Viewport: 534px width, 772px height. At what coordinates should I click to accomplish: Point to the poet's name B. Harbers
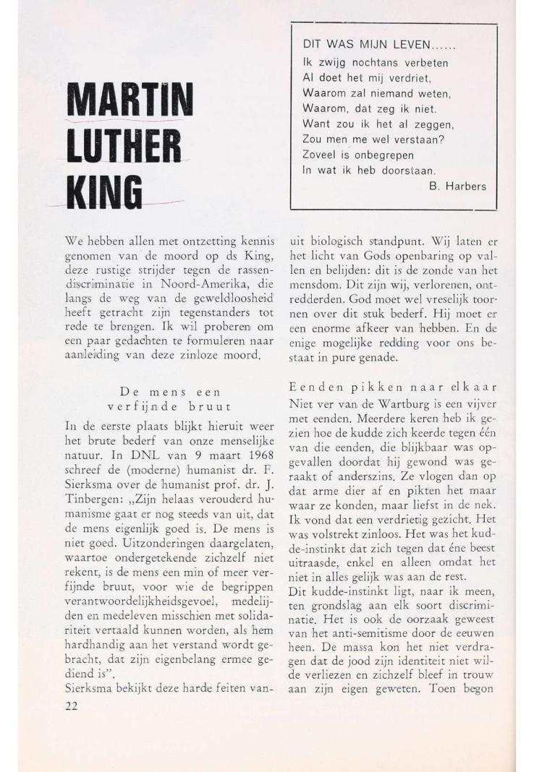pyautogui.click(x=457, y=186)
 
